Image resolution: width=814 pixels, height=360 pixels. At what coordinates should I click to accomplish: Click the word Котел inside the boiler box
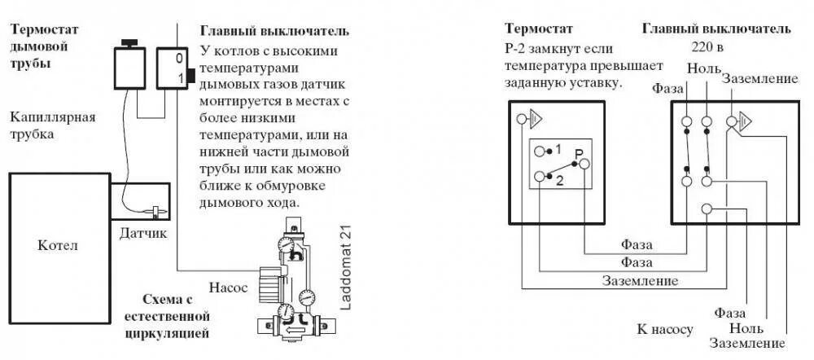[x=59, y=245]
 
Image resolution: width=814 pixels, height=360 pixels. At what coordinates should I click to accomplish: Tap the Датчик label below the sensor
[x=144, y=234]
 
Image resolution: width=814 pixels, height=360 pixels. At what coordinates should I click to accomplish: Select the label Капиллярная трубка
[x=53, y=125]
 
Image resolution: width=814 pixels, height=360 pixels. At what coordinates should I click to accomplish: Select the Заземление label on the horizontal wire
[x=640, y=280]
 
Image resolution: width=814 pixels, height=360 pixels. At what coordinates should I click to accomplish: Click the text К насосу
[x=665, y=330]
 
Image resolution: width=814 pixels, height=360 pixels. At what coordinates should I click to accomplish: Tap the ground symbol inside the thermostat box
[x=530, y=121]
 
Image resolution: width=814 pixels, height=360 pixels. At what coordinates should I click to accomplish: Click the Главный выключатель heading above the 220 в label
[x=716, y=29]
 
